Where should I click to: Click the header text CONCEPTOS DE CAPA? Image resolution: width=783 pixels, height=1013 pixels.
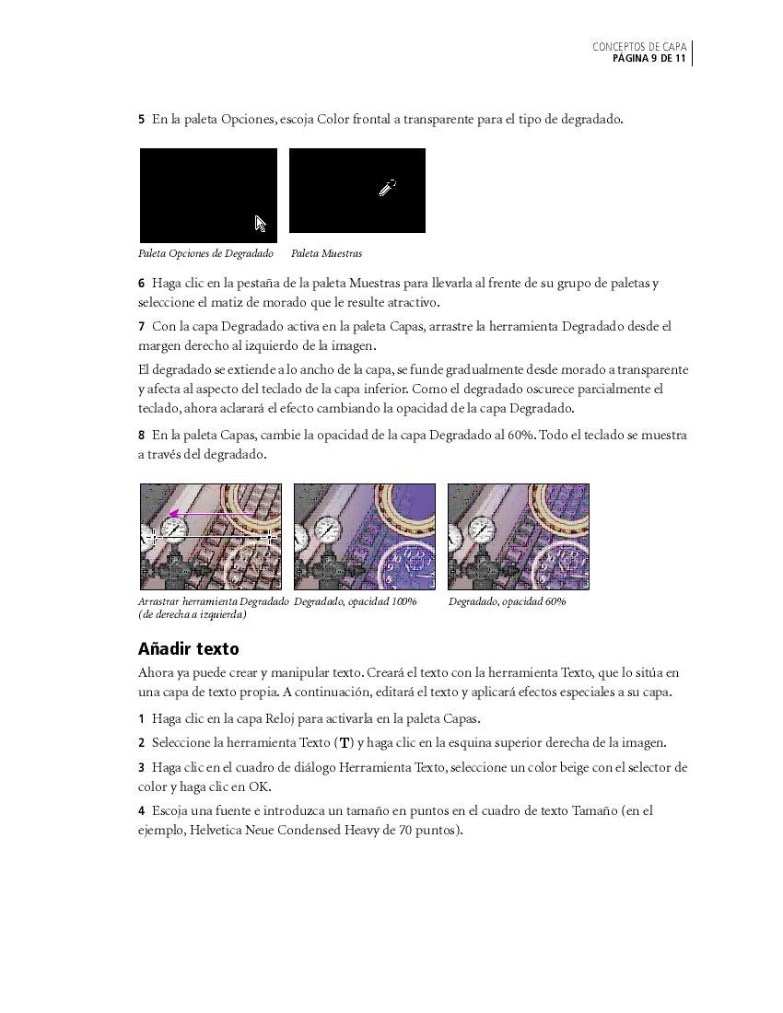(x=639, y=47)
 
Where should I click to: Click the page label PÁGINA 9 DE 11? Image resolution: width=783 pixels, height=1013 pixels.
(x=649, y=59)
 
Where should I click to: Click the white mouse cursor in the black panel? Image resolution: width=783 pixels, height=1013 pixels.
(x=261, y=224)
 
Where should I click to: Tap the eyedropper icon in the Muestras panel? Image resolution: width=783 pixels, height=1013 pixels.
(x=387, y=188)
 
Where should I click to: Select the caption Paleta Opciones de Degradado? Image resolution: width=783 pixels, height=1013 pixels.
(x=205, y=253)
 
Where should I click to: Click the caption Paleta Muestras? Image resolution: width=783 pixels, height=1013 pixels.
(x=326, y=253)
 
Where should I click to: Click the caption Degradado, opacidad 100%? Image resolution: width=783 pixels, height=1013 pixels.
(x=355, y=601)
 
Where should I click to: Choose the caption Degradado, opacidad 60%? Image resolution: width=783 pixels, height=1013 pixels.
(x=507, y=601)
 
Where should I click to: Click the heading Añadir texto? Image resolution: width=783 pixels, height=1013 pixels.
(x=188, y=648)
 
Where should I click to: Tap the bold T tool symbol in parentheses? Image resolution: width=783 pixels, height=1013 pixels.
(x=345, y=743)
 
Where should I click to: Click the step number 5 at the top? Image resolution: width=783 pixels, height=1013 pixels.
(x=142, y=120)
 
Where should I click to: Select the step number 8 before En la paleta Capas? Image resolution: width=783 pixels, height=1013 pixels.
(x=142, y=436)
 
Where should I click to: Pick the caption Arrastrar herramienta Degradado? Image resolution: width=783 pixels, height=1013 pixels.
(x=213, y=601)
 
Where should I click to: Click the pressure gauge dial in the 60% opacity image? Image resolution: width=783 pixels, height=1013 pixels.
(x=480, y=529)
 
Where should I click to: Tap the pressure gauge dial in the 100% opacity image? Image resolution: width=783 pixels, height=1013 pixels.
(x=326, y=529)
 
